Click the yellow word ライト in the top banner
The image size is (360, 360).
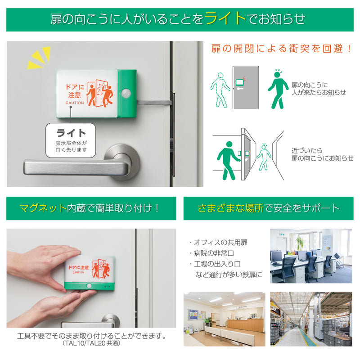click(x=225, y=18)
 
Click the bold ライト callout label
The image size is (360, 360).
click(x=71, y=133)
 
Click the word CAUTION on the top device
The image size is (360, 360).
click(x=75, y=103)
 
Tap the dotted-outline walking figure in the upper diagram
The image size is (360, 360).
click(x=220, y=90)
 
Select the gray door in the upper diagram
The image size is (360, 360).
click(x=246, y=87)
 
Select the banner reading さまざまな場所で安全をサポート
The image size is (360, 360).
click(x=268, y=208)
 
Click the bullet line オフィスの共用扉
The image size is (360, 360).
click(x=218, y=243)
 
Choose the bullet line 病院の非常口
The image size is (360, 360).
click(x=211, y=253)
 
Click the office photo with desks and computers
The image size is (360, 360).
click(x=311, y=256)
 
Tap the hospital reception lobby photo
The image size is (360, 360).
click(x=224, y=319)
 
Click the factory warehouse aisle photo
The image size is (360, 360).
click(x=311, y=319)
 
